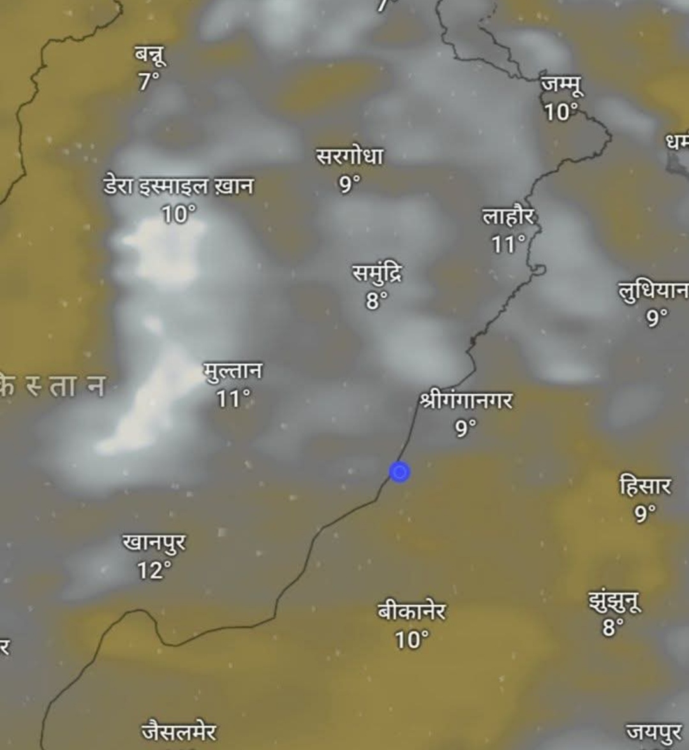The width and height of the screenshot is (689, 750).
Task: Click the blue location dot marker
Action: click(x=399, y=472)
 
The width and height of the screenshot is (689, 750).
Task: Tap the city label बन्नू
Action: click(x=150, y=55)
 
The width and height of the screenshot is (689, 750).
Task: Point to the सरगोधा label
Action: click(x=350, y=156)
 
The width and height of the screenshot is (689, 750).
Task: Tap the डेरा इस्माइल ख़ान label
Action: click(x=179, y=186)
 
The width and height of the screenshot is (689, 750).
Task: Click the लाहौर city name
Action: click(x=508, y=217)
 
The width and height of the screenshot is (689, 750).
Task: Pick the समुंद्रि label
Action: click(x=377, y=274)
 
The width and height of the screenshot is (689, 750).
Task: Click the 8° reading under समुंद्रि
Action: click(x=376, y=300)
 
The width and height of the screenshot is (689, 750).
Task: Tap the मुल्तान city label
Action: click(x=233, y=371)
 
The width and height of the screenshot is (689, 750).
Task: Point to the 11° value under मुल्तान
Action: click(x=233, y=399)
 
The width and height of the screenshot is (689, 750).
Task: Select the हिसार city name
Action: click(x=645, y=487)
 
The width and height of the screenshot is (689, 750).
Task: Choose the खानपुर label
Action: click(x=154, y=543)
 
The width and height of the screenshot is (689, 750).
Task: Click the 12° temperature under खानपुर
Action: click(x=154, y=570)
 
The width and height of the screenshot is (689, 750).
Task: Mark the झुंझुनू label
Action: click(x=614, y=601)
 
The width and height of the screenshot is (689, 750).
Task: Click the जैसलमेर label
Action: click(x=179, y=732)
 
